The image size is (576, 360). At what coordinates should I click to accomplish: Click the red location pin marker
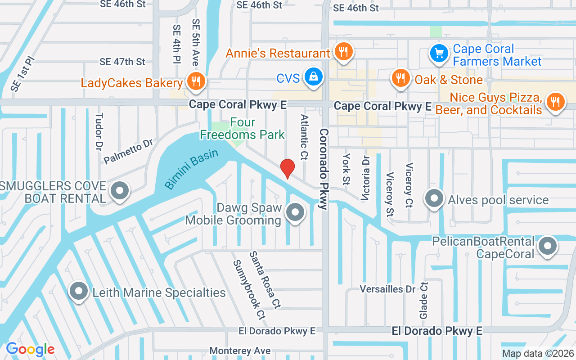coord(288,168)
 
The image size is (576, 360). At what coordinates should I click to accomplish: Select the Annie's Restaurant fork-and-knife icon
coord(344,52)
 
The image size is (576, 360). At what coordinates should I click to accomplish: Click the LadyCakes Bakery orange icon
coord(195,81)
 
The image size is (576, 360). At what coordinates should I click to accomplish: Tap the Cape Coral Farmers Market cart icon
coord(438,54)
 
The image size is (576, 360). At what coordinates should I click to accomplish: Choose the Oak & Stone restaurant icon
coord(400,79)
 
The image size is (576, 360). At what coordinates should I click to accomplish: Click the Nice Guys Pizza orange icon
coord(555,102)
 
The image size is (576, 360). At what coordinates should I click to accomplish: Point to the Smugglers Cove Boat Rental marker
coord(120,191)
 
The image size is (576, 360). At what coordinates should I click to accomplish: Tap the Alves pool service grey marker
coord(434,199)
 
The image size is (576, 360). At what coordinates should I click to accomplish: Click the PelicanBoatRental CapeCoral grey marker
coord(548,247)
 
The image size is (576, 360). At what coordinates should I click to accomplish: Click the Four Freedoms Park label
coord(243,128)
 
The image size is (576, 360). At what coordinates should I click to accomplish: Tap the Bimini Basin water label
coord(191,169)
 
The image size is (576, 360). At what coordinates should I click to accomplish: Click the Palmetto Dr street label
coord(128,152)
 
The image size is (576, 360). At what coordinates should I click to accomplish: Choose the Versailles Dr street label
coord(387,289)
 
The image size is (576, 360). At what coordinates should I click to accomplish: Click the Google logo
coord(30,349)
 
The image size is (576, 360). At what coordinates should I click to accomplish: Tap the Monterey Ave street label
coord(240,351)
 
